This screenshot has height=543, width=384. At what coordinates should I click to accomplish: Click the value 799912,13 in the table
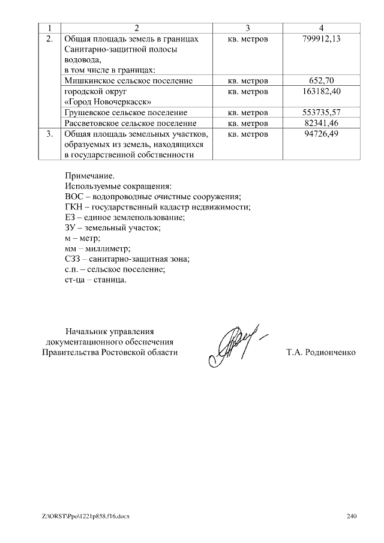(322, 38)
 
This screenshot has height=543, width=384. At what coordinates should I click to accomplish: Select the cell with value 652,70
(322, 80)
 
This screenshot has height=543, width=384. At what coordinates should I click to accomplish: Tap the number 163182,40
(322, 91)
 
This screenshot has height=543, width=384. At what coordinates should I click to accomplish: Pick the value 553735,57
(322, 112)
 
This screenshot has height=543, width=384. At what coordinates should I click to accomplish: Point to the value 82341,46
(322, 122)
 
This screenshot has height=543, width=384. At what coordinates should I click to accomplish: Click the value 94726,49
(322, 133)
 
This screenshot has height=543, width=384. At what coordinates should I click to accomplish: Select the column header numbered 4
(322, 28)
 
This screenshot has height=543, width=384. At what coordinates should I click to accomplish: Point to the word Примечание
(89, 175)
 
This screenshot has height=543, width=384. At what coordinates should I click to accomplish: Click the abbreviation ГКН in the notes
(73, 207)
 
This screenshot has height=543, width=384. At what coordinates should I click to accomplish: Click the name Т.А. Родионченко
(321, 352)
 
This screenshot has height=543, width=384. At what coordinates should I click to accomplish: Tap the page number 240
(352, 517)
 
